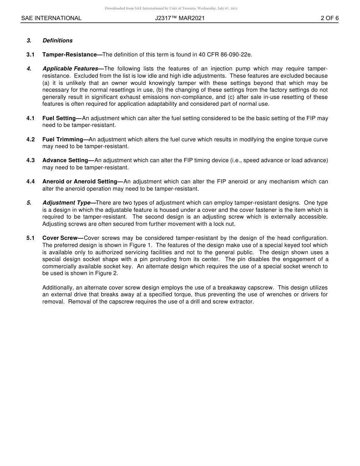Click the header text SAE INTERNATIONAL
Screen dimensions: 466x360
pos(51,18)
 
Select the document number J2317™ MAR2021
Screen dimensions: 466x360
pos(180,18)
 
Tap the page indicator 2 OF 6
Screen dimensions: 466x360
pos(329,18)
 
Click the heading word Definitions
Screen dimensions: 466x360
pos(58,41)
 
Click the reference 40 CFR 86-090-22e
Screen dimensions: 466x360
pos(225,55)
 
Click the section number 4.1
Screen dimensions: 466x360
pos(30,118)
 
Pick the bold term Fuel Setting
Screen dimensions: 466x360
pos(59,118)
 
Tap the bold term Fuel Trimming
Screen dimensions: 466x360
pos(63,139)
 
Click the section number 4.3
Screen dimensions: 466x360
pos(30,160)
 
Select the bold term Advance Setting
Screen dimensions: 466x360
pos(66,160)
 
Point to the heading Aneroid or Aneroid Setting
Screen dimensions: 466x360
pos(80,181)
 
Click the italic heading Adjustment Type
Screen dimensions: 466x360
pos(67,203)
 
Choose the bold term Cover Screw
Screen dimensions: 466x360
pos(60,238)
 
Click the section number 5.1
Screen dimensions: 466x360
pos(30,238)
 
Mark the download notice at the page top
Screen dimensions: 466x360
pos(171,8)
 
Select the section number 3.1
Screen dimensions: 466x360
pos(30,55)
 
